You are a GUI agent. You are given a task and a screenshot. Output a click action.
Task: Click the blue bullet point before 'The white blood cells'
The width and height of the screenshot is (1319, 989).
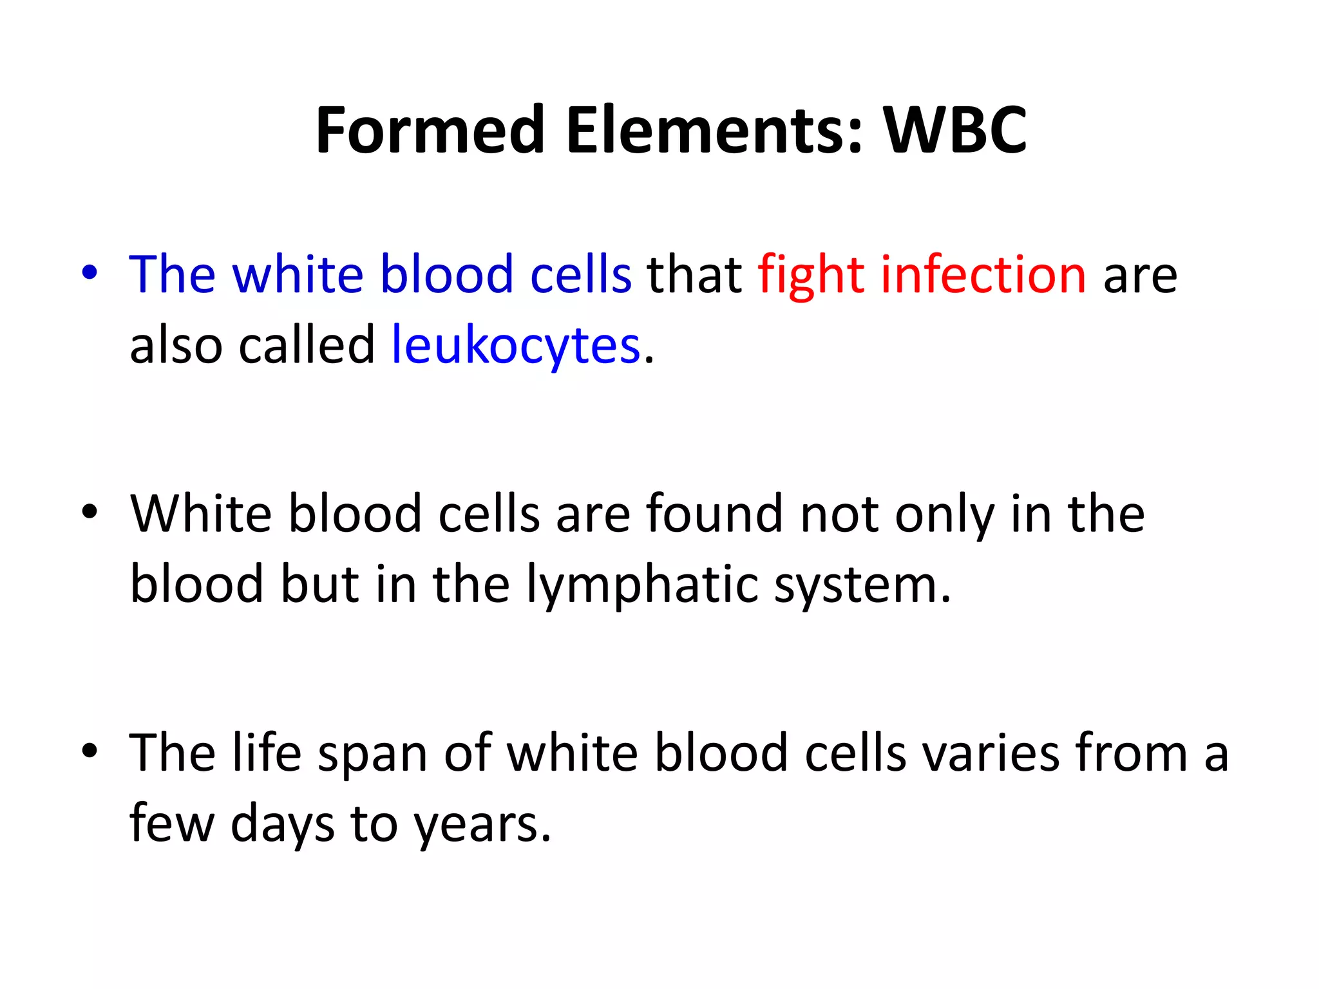pos(90,273)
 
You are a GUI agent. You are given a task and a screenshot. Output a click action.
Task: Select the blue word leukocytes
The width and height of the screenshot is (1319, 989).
pos(516,346)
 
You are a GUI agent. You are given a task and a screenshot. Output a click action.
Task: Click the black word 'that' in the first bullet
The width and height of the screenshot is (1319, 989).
pos(694,275)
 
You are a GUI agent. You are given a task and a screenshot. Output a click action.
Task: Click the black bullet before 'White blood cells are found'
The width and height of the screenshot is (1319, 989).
pos(90,513)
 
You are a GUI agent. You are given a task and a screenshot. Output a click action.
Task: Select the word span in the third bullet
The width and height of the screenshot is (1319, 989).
pos(373,753)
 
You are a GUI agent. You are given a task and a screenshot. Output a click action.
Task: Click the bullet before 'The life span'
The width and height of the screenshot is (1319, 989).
pos(90,751)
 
